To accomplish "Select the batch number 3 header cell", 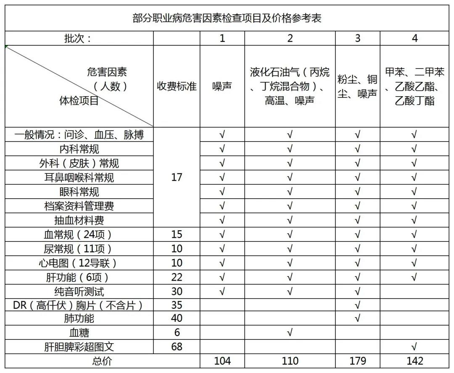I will point(357,38).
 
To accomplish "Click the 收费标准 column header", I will point(177,86).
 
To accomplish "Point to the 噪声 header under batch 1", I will point(222,86).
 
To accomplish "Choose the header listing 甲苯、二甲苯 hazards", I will point(414,86).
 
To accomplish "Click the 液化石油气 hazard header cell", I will point(290,86).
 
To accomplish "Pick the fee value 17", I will point(177,177).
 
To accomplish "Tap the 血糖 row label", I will point(79,333).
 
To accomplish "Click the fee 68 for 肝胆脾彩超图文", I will point(177,347).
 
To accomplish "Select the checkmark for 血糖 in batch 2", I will point(290,333).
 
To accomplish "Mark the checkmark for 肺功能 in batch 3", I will point(357,319).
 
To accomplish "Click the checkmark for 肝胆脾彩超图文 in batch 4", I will point(414,347).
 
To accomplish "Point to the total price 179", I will point(357,361).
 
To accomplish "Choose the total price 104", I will point(222,361).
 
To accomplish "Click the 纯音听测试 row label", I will point(79,291).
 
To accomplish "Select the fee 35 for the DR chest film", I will point(177,305).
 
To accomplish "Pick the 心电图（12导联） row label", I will point(79,263).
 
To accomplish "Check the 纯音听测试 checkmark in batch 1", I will point(222,291).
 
